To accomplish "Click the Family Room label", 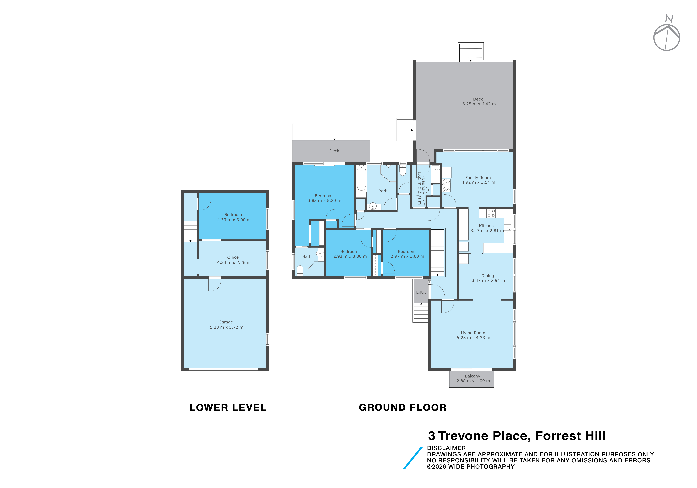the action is (x=478, y=178).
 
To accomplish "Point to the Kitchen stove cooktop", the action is (x=491, y=213).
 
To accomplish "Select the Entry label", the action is (x=421, y=292).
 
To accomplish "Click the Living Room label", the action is (x=473, y=333).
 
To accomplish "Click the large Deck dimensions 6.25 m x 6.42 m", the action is (x=479, y=104).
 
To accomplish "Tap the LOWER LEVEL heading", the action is (x=228, y=408).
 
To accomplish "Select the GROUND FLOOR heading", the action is (x=403, y=408).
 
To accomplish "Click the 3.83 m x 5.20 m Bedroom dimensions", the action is (x=324, y=201).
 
